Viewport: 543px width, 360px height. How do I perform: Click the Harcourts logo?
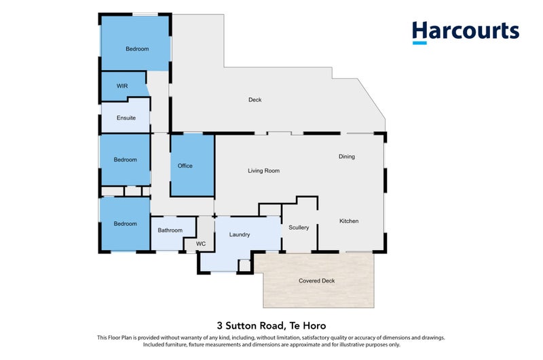[x=466, y=33]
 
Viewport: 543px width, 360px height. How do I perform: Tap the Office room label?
[x=185, y=166]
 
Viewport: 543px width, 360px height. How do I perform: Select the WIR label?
[x=122, y=86]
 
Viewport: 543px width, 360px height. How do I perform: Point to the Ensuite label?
[x=126, y=118]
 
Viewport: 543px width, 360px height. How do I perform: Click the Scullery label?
[x=299, y=228]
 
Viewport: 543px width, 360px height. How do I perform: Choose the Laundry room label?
[x=240, y=234]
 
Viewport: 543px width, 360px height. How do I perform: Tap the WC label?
[x=201, y=244]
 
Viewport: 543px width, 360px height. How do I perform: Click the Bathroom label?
[x=170, y=230]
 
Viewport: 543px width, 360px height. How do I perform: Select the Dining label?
[x=347, y=157]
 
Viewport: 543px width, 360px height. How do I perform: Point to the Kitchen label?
[x=349, y=221]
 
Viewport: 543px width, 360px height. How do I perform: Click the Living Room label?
[x=263, y=170]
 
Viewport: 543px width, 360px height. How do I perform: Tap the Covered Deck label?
[x=316, y=281]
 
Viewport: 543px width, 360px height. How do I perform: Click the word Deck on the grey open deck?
[x=255, y=100]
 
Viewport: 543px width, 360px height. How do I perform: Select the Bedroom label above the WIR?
[x=137, y=49]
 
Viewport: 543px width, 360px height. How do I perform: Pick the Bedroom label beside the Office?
[x=126, y=160]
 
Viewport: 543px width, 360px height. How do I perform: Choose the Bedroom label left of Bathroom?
[x=126, y=224]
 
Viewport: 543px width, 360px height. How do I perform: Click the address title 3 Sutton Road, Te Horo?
[x=271, y=325]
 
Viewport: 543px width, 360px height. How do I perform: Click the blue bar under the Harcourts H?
[x=419, y=43]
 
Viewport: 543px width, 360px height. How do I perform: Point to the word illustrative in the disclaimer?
[x=351, y=345]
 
